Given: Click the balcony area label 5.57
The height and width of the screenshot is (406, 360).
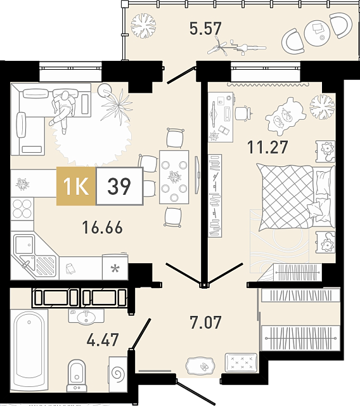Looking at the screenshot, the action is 205,29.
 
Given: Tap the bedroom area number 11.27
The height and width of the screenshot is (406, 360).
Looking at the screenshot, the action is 267,147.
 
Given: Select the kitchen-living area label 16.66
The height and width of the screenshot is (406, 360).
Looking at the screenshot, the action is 103,227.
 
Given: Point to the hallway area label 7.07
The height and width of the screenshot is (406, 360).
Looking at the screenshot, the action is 205,322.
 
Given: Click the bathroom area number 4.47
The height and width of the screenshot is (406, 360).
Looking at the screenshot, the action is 103,339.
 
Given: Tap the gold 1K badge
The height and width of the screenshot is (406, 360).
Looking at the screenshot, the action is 76,186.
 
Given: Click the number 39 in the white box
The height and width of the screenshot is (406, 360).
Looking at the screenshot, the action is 119,186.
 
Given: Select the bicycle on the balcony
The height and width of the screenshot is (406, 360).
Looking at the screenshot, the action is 236,46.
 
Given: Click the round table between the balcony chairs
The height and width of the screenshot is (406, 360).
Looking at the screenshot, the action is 318,32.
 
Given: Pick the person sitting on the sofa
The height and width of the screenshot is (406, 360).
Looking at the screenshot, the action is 63,108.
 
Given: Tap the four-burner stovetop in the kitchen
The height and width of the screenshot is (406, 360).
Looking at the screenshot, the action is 22,209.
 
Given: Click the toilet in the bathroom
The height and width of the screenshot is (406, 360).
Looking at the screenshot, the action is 77,376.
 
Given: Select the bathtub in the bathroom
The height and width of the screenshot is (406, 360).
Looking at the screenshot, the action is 29,350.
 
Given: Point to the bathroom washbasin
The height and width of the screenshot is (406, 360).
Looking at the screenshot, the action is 86,317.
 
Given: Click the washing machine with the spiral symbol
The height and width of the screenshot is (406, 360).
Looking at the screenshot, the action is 118,374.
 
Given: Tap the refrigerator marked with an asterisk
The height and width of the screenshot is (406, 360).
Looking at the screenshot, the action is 115,267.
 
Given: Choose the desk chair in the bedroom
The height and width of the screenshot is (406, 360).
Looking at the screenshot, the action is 243,113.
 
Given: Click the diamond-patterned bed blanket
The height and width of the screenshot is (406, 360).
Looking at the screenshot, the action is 287,197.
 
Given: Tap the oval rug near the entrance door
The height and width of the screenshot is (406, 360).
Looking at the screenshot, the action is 200,366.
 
